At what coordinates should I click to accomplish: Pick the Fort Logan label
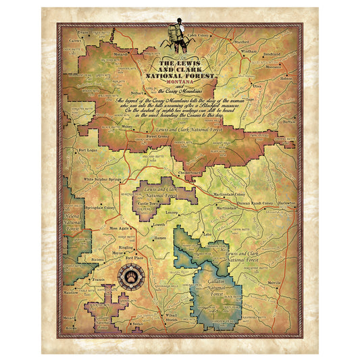(x=88, y=149)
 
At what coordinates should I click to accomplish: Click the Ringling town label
(x=126, y=248)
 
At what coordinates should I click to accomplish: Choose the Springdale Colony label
(x=100, y=209)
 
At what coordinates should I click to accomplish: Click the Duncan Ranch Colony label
(x=257, y=202)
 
